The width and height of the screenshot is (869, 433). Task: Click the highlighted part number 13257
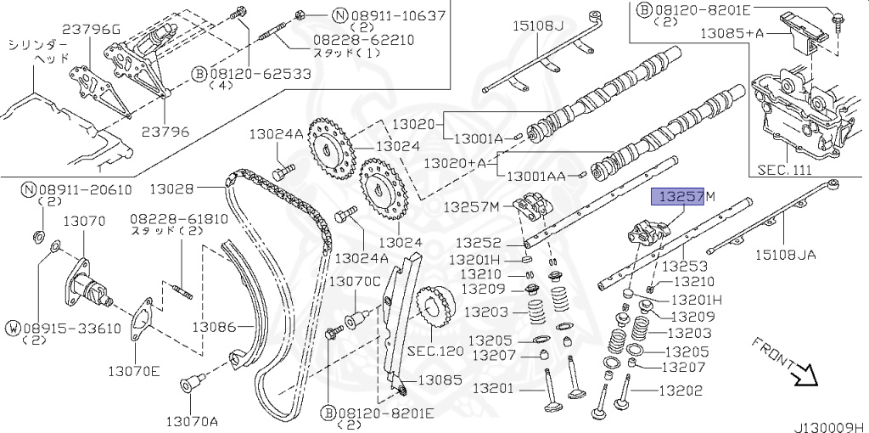[676, 197]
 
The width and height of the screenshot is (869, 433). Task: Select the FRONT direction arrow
[799, 372]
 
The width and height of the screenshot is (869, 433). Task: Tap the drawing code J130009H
[828, 423]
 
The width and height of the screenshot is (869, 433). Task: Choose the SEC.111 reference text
[783, 170]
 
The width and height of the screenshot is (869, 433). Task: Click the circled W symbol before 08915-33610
[14, 328]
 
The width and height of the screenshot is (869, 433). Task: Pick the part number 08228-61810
[179, 218]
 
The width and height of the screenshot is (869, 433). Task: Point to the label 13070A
[192, 421]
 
